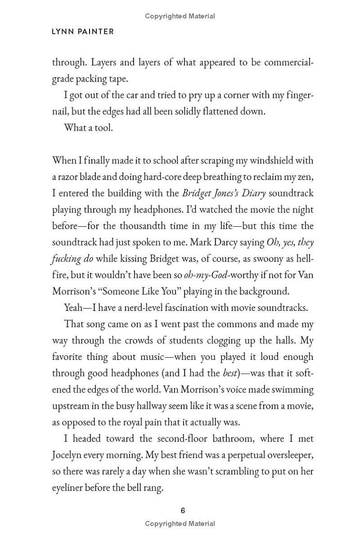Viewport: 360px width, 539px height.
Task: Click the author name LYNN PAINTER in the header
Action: click(83, 31)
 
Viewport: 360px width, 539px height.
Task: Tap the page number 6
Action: click(183, 511)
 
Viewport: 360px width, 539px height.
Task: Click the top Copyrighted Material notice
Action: click(180, 16)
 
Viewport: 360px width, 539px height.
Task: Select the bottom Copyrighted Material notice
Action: click(180, 523)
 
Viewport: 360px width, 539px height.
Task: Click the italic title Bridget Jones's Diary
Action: click(224, 193)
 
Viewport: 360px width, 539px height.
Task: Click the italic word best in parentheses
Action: click(230, 373)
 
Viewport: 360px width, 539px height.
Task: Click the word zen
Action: click(306, 177)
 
